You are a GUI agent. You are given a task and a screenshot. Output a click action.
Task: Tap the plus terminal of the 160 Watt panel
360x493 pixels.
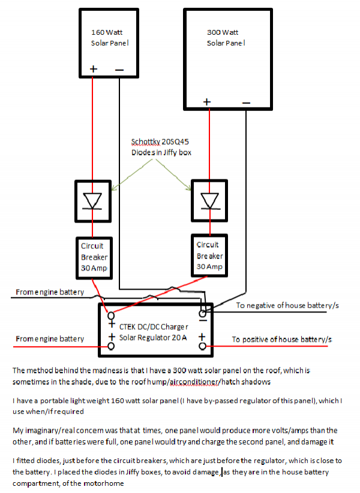tap(93, 69)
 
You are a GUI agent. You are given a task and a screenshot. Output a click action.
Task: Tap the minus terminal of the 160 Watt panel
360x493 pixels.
tap(119, 70)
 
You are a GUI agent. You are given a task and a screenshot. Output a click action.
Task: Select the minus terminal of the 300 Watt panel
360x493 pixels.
tap(246, 103)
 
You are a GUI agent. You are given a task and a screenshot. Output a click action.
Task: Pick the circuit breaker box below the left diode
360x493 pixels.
tap(95, 257)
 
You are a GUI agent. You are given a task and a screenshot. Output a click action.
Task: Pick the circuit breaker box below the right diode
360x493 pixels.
tap(210, 255)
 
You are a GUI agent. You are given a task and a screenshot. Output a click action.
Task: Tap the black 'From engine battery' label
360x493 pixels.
tap(49, 293)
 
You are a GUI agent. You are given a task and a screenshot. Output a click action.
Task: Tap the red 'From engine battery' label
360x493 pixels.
tap(49, 339)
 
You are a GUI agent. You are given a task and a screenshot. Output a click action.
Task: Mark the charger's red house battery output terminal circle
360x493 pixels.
tap(203, 347)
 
